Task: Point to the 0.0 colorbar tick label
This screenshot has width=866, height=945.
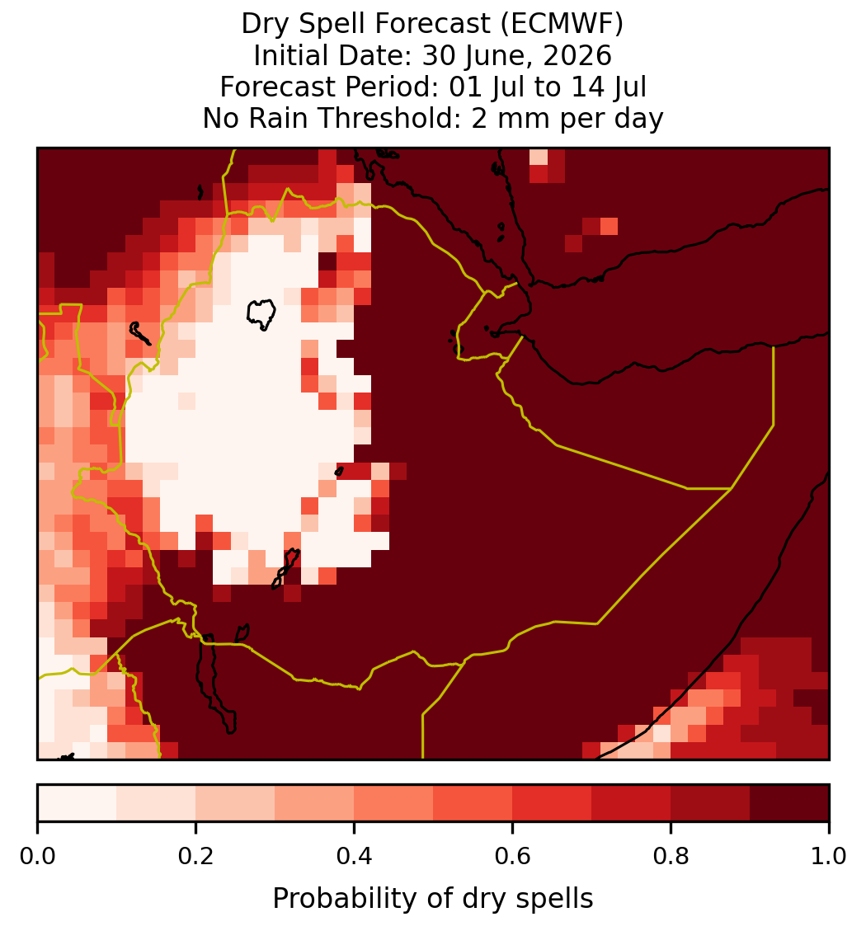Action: coord(38,856)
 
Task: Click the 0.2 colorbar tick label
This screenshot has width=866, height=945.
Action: coord(195,856)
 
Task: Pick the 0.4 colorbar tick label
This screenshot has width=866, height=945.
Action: coord(355,856)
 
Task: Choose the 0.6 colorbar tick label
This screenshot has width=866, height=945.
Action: coord(512,856)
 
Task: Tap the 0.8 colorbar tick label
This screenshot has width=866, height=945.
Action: coord(671,856)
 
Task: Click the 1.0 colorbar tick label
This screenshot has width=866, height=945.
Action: coord(829,856)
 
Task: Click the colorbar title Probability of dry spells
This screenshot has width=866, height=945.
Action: coord(433,899)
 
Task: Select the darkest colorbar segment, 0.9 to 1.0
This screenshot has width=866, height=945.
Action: coord(789,803)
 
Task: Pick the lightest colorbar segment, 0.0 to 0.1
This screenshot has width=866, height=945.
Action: coord(78,803)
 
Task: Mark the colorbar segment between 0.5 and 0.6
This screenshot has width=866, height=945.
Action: coord(473,803)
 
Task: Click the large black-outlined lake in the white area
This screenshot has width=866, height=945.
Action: coord(261,314)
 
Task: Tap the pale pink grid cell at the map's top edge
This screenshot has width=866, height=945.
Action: coord(539,157)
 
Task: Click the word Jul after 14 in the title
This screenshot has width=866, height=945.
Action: coord(631,87)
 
